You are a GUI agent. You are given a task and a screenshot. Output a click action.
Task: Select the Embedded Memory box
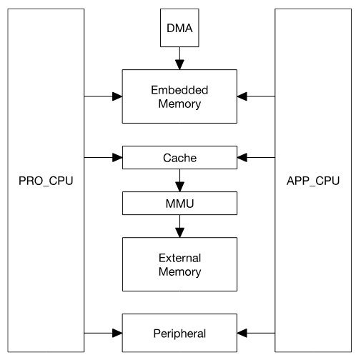point(179,96)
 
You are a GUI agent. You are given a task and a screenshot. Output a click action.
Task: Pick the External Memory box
point(179,264)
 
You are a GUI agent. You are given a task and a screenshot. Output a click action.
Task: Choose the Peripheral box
point(179,332)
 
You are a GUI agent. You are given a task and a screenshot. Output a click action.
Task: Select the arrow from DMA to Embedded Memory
point(179,56)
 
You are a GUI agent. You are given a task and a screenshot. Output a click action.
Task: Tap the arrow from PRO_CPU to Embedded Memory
point(104,96)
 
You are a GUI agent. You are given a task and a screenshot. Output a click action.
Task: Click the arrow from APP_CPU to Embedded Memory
point(255,96)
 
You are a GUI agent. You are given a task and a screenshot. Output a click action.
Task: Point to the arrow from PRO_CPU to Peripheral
point(104,332)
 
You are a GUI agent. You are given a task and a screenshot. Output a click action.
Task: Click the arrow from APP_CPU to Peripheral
point(255,332)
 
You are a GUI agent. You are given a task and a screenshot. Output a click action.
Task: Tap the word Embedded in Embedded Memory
point(179,90)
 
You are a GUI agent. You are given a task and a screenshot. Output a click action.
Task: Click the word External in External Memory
point(179,257)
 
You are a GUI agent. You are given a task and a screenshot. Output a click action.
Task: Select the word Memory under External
point(179,271)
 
